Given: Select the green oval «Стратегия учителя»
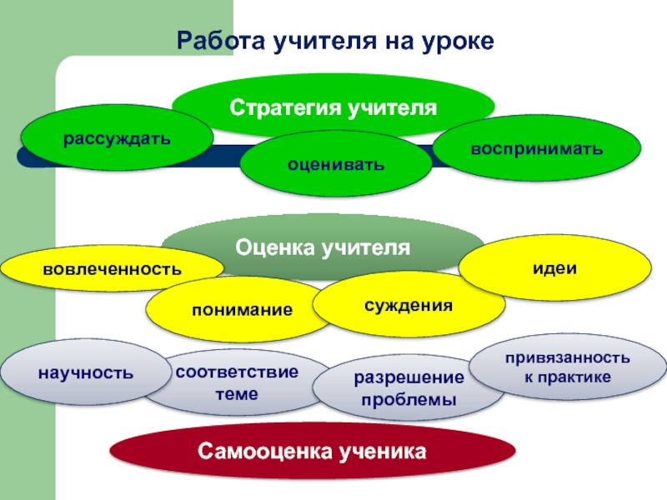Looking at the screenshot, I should point(333,107).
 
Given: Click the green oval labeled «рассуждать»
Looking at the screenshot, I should point(116,137).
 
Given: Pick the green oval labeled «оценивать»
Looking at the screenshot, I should point(336,164).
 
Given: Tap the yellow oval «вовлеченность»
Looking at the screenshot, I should point(112,268).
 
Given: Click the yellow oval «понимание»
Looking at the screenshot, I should point(242,310).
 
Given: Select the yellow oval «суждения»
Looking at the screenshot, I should point(408,305).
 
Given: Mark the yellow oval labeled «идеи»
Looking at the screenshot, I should point(555,268).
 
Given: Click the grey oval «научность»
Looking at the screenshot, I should point(84,372).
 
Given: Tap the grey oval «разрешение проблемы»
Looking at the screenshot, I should point(408,389).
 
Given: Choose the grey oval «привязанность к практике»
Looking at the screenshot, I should point(567,367).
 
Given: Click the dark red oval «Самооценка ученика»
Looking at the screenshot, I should point(312,452).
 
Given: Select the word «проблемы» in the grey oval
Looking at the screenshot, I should point(408,401).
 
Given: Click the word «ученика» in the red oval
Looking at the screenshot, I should point(383,452).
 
